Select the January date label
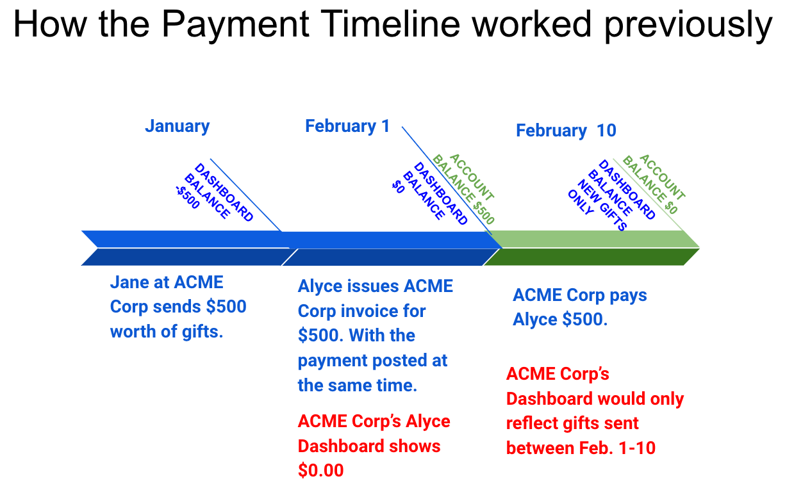click(178, 126)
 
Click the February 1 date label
click(347, 126)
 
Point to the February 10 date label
click(566, 131)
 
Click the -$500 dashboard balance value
click(188, 197)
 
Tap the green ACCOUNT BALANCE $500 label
click(463, 189)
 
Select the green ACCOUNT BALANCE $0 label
click(654, 184)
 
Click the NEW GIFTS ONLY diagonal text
click(597, 205)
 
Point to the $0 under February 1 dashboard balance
click(398, 186)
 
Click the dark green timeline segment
click(591, 257)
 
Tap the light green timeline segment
click(593, 239)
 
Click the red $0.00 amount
click(321, 470)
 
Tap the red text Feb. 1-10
click(617, 448)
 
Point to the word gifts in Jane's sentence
click(203, 332)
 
